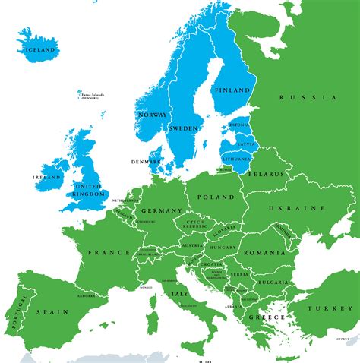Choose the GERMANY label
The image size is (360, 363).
(x=162, y=210)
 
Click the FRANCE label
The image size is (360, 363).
(x=104, y=251)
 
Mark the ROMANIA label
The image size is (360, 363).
(x=265, y=252)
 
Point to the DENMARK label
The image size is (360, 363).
(x=144, y=161)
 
